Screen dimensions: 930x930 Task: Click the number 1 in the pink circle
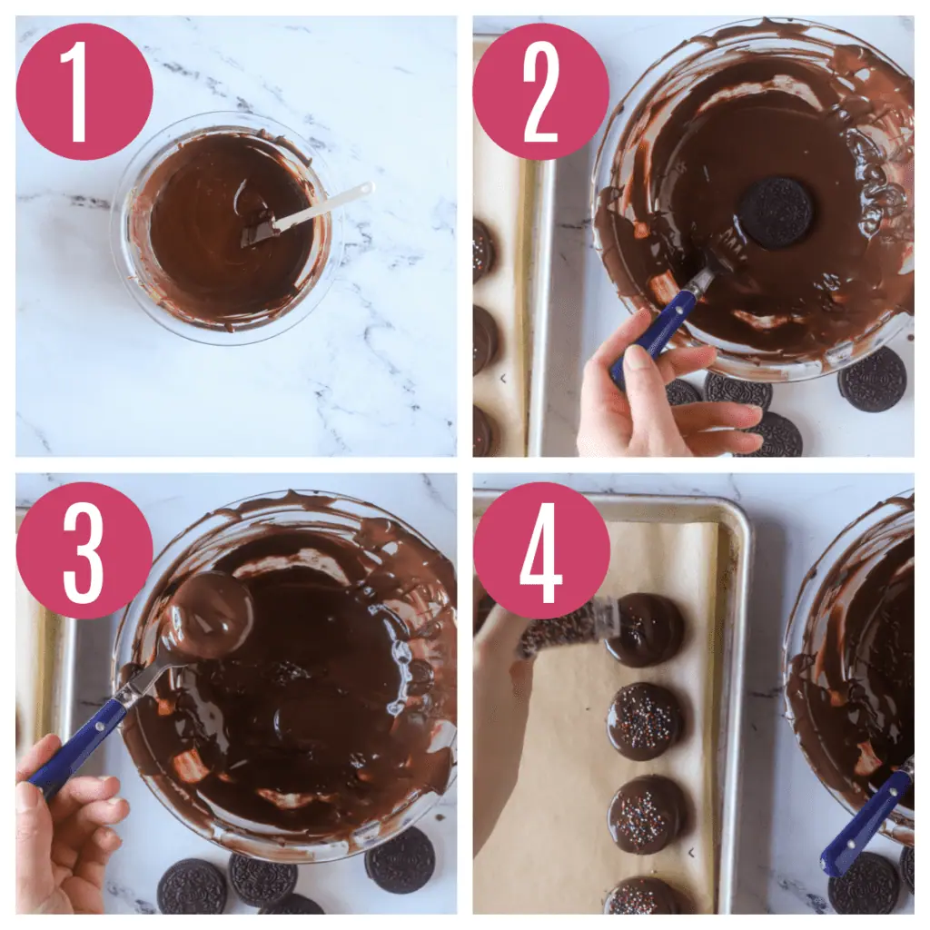tap(84, 91)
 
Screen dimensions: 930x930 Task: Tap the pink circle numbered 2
tap(540, 91)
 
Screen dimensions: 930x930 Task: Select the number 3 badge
tap(84, 549)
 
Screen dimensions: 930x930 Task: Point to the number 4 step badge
tap(540, 549)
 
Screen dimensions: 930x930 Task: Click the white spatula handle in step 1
tap(327, 206)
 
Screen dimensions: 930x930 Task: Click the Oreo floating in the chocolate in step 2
tap(775, 213)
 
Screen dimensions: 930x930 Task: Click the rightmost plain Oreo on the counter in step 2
tap(872, 380)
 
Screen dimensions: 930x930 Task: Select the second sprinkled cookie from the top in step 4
tap(646, 721)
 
